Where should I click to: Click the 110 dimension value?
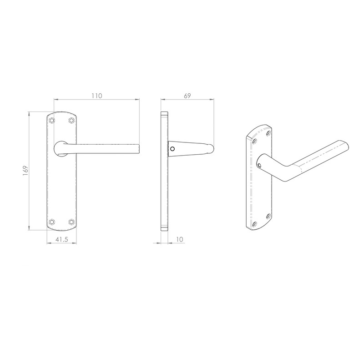pos(96,96)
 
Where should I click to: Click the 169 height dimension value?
pos(26,170)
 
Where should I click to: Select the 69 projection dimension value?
pos(187,96)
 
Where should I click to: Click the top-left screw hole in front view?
pos(51,121)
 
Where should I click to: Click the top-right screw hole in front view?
pos(71,121)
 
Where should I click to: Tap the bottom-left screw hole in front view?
pos(51,222)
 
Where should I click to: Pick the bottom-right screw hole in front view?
pos(71,222)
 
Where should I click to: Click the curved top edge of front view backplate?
pos(61,111)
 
